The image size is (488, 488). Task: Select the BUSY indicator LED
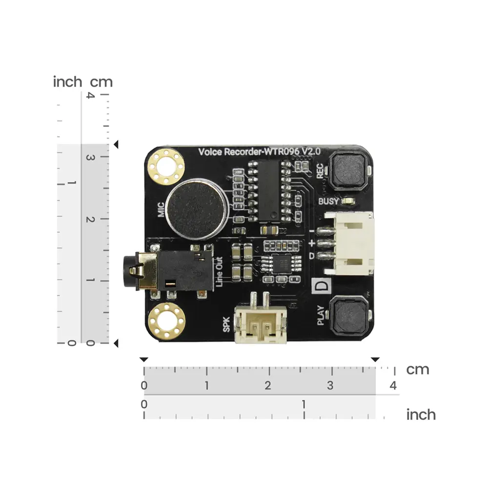tap(348, 201)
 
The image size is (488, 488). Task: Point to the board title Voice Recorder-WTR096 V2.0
tap(259, 152)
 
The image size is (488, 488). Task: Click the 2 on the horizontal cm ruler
tap(268, 386)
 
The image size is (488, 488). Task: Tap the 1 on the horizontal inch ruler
tap(304, 405)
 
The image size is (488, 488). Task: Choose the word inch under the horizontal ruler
tap(421, 415)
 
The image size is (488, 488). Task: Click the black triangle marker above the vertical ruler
tap(116, 144)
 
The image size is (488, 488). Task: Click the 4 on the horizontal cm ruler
tap(393, 386)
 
